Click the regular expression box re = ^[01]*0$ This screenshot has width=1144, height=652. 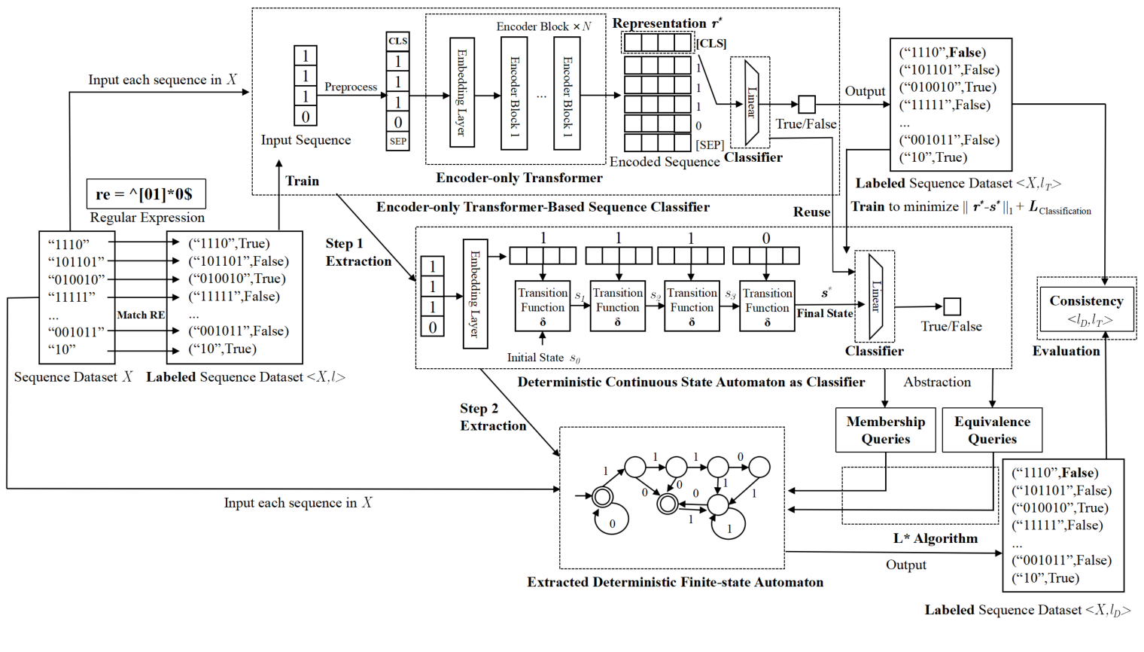pyautogui.click(x=146, y=193)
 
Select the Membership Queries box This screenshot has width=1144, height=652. pyautogui.click(x=885, y=430)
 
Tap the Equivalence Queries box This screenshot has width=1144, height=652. pyautogui.click(x=992, y=430)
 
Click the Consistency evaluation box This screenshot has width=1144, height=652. pyautogui.click(x=1086, y=309)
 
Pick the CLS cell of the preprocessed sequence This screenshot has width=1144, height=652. pyautogui.click(x=397, y=41)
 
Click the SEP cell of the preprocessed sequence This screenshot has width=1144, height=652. pyautogui.click(x=397, y=141)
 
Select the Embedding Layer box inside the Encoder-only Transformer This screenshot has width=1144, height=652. pyautogui.click(x=461, y=92)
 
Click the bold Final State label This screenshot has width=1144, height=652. pyautogui.click(x=825, y=313)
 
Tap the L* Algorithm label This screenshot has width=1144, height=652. pyautogui.click(x=936, y=538)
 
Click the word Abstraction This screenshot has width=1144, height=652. pyautogui.click(x=937, y=382)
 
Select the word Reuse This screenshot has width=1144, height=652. pyautogui.click(x=811, y=212)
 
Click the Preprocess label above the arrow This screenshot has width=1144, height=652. pyautogui.click(x=351, y=87)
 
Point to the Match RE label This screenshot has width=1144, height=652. pyautogui.click(x=141, y=315)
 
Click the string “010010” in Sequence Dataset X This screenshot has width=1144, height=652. pyautogui.click(x=76, y=279)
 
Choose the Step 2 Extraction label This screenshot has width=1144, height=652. pyautogui.click(x=493, y=417)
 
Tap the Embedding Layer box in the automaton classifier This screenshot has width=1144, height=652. pyautogui.click(x=475, y=294)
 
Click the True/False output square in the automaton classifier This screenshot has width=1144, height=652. pyautogui.click(x=952, y=306)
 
